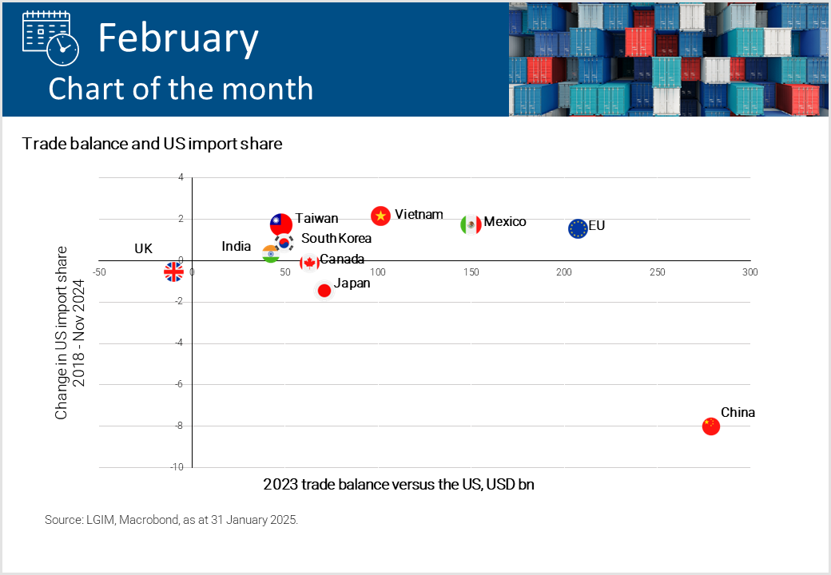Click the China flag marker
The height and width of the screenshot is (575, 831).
click(710, 426)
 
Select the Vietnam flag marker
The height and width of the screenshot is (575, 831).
click(380, 216)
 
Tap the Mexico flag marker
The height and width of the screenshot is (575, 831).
click(471, 224)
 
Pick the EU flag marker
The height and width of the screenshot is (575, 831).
click(578, 228)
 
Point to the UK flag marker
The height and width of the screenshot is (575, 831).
click(174, 272)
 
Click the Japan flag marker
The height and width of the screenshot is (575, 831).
click(324, 290)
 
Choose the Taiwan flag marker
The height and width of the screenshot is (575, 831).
click(281, 224)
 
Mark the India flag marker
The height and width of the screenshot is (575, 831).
click(270, 254)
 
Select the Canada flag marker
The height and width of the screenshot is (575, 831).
click(309, 263)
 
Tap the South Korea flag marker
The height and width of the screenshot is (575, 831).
click(284, 243)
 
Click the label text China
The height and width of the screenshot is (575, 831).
click(738, 412)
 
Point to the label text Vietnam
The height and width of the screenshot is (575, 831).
click(419, 215)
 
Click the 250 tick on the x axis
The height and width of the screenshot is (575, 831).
click(657, 272)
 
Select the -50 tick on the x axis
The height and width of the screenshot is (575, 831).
click(99, 272)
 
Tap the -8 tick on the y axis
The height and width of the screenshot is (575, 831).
click(179, 426)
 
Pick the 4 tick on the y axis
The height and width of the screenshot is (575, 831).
click(181, 177)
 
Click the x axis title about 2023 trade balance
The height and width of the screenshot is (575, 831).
click(399, 485)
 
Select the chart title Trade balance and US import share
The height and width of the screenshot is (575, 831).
click(152, 144)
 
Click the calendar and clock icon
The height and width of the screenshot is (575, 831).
click(51, 38)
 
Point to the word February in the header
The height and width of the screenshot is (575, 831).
click(178, 38)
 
